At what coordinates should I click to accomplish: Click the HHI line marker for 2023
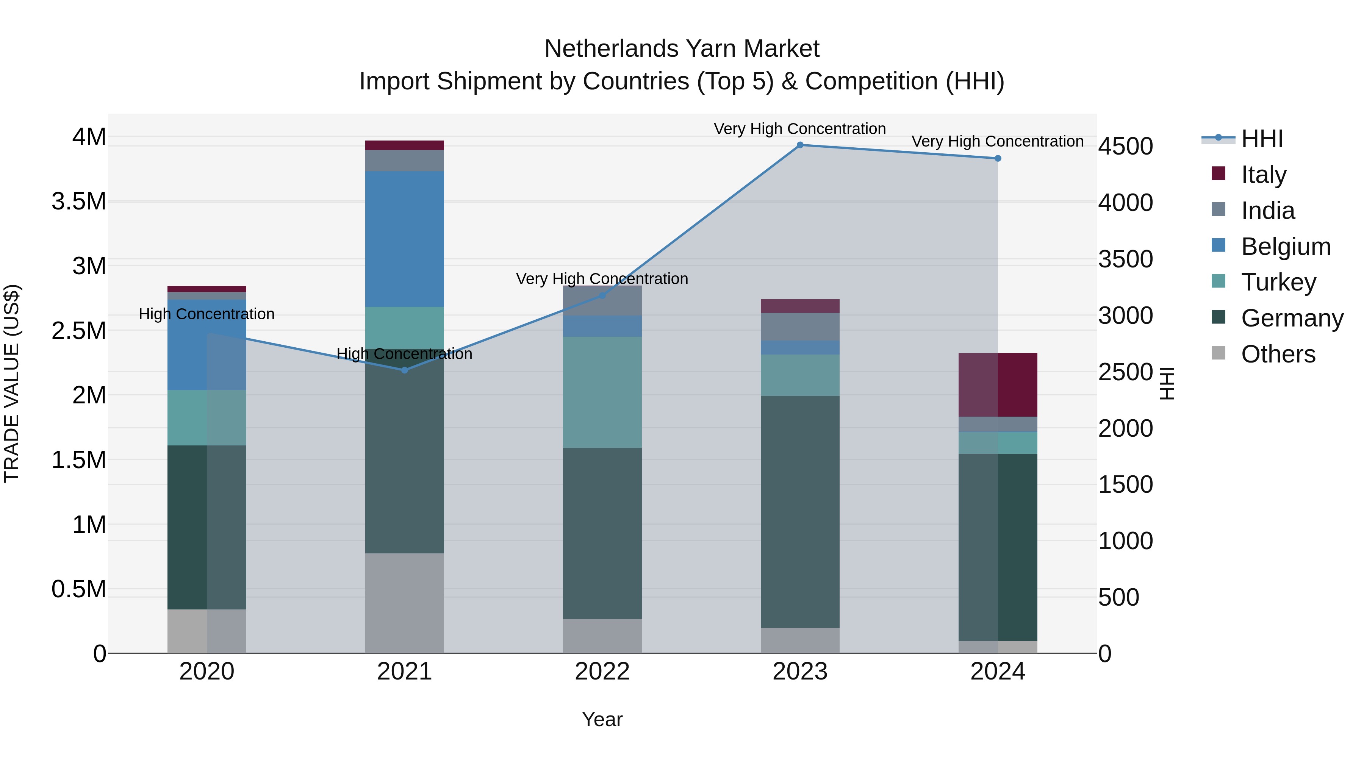(800, 145)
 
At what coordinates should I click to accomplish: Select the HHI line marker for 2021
(405, 370)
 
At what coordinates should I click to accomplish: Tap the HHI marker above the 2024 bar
(998, 158)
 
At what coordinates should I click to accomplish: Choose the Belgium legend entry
(1285, 247)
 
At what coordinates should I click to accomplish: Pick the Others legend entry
(1277, 354)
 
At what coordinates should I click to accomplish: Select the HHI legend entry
(1261, 139)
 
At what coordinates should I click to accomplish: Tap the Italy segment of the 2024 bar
(998, 385)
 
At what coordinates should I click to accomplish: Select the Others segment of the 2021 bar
(405, 603)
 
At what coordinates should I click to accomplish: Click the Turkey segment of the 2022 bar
(602, 392)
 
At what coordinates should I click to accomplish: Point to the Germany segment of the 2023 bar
(800, 511)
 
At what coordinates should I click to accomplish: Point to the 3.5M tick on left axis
(78, 202)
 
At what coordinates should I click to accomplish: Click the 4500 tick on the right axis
(1125, 147)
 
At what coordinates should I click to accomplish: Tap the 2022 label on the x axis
(602, 672)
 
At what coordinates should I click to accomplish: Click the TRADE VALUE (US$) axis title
(12, 383)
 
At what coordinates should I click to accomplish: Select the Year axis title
(602, 719)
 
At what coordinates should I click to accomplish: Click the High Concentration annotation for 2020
(206, 314)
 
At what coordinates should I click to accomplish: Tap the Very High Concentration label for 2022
(602, 278)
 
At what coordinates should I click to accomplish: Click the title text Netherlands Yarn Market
(682, 49)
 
